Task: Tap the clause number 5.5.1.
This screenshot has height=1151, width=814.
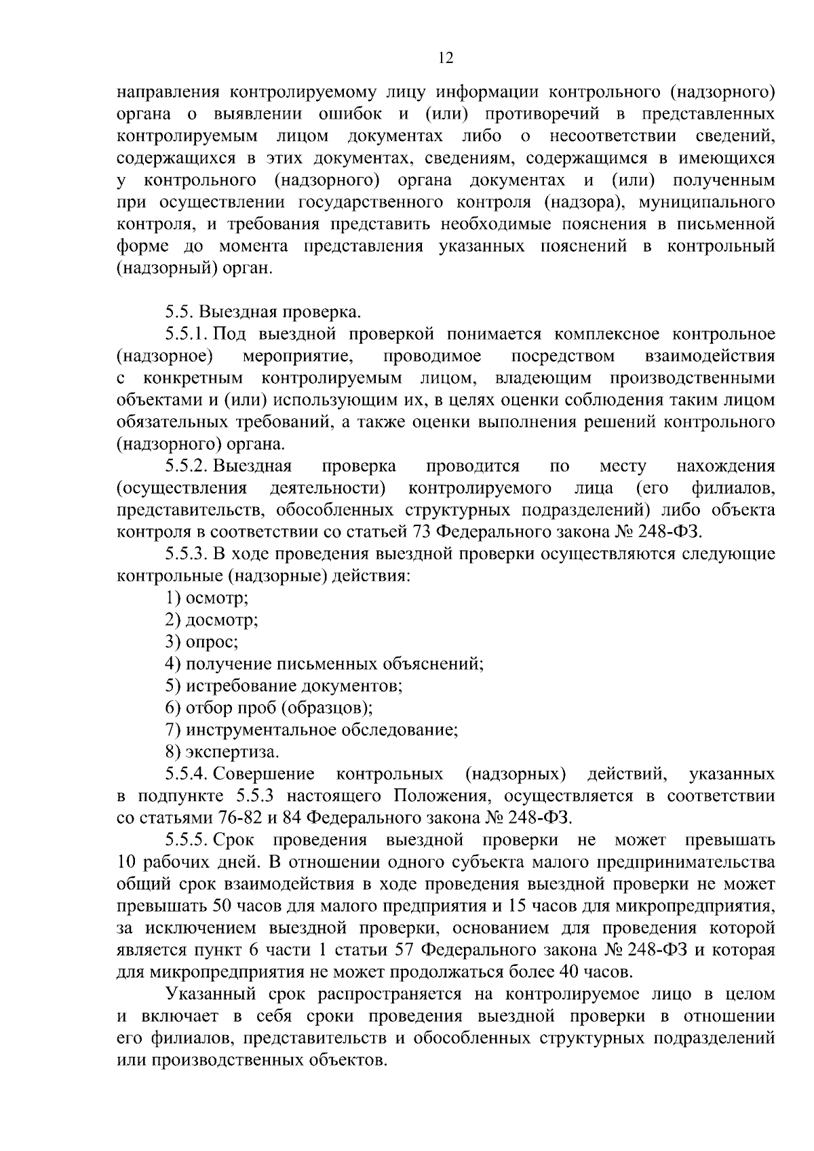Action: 187,334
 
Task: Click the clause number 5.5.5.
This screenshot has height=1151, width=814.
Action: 187,841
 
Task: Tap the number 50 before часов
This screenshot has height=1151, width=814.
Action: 223,906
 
